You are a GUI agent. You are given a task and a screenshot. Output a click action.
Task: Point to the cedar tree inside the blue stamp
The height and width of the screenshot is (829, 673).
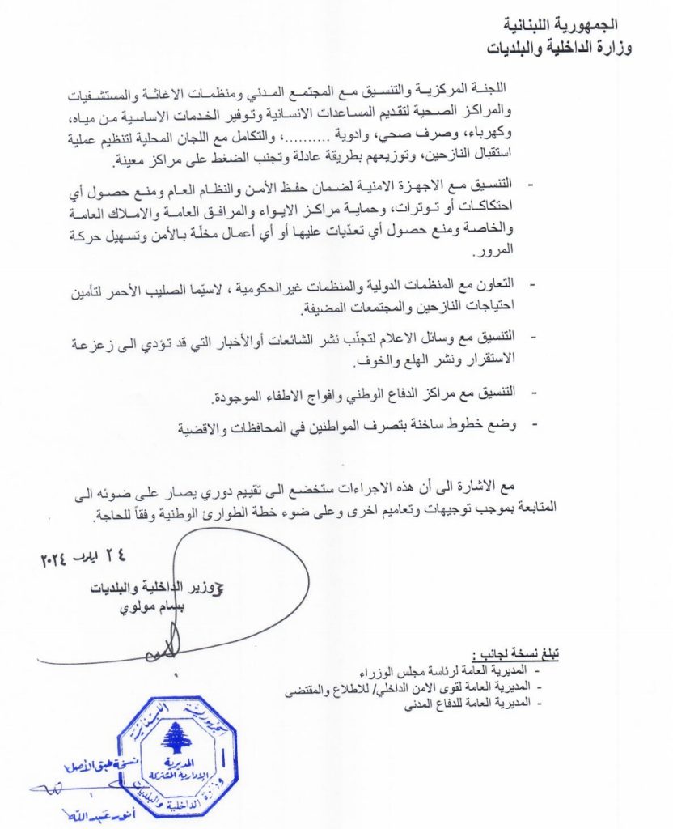[x=173, y=737]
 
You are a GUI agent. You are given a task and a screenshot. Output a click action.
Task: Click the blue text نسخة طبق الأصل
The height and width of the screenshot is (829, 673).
[x=89, y=766]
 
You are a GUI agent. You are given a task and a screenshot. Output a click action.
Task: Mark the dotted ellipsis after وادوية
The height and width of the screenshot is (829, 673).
[x=332, y=125]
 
